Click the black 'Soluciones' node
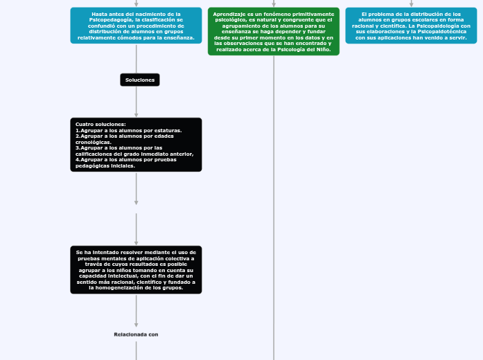tap(139, 80)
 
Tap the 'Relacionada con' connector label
tap(136, 334)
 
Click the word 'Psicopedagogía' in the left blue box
tap(114, 19)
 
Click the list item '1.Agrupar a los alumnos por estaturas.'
tap(128, 130)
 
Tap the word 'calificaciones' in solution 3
tap(97, 154)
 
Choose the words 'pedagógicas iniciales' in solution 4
tap(105, 166)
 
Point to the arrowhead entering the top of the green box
tap(274, 4)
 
